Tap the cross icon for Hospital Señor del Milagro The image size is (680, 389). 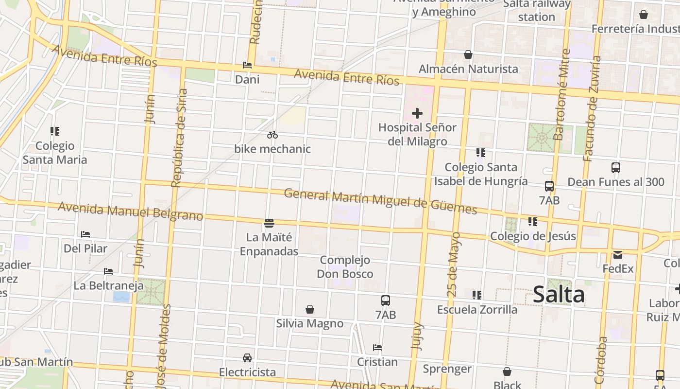click(x=417, y=113)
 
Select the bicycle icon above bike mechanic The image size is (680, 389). click(x=272, y=135)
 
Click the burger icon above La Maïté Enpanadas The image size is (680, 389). click(x=269, y=223)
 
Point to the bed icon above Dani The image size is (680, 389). click(x=247, y=65)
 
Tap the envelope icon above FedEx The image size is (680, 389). click(x=618, y=254)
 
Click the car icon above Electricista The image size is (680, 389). click(x=247, y=358)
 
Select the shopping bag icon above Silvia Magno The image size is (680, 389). click(x=310, y=309)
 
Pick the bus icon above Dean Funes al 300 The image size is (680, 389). click(x=616, y=168)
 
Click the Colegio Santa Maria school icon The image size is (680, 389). click(x=55, y=131)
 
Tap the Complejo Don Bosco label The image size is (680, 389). click(x=345, y=267)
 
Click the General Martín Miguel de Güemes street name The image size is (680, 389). click(x=380, y=201)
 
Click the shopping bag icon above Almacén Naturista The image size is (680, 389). click(x=468, y=54)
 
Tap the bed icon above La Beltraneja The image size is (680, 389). click(x=108, y=271)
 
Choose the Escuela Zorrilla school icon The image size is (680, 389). click(x=477, y=295)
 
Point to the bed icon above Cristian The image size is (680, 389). click(x=377, y=347)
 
